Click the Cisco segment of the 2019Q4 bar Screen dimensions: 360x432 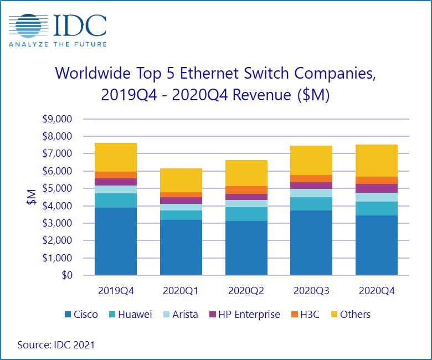click(x=116, y=241)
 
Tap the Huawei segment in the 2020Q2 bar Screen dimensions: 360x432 click(x=246, y=214)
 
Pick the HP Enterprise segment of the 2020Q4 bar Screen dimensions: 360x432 click(x=377, y=188)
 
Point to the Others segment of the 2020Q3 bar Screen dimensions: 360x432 click(x=311, y=160)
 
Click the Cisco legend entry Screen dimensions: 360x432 click(x=81, y=315)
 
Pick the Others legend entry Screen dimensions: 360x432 click(x=349, y=315)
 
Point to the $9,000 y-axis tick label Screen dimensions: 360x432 click(x=59, y=119)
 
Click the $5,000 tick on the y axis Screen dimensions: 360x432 click(x=59, y=188)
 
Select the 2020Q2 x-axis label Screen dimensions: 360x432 click(x=246, y=290)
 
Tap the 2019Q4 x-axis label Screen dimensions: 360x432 click(x=116, y=290)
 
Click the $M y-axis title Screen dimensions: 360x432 click(x=31, y=197)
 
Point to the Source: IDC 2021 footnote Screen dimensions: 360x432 click(x=56, y=345)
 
